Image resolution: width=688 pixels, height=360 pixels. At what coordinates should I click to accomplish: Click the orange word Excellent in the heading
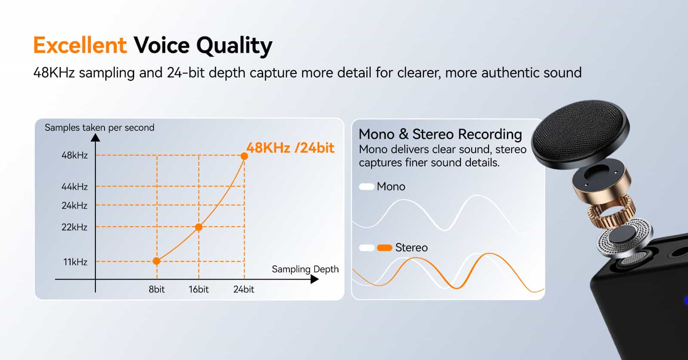80,45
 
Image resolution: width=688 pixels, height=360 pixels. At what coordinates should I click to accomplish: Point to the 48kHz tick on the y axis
75,155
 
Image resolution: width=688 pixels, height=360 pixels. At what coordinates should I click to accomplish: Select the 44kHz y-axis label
75,187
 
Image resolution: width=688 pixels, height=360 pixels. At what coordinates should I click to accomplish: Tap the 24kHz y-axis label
75,205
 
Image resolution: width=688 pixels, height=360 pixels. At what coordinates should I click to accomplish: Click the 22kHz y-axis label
75,227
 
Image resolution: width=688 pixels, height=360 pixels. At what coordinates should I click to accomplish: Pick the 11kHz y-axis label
76,262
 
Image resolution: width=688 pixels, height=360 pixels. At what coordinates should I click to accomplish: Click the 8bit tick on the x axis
157,289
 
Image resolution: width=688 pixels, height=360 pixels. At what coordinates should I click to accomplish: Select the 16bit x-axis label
199,289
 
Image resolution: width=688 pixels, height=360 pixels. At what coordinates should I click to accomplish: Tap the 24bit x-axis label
244,289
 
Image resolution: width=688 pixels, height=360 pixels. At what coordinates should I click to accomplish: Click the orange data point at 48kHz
244,156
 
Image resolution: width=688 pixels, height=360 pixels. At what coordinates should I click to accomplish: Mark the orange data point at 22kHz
199,227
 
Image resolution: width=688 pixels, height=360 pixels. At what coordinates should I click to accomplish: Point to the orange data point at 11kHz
157,261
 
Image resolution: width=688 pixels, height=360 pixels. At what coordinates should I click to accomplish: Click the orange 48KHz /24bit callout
290,148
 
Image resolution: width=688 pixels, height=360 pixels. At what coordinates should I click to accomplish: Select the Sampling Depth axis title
305,269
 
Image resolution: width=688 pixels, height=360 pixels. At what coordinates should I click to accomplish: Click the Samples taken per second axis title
99,127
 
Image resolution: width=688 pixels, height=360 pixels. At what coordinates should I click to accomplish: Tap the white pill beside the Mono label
366,187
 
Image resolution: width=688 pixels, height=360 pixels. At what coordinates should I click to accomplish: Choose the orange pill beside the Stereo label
384,248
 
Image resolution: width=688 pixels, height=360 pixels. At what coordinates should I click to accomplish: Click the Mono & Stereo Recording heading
440,134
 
